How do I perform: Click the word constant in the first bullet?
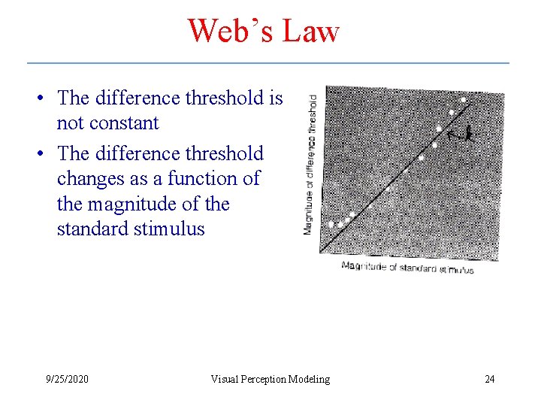click(123, 123)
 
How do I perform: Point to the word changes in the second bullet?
click(86, 179)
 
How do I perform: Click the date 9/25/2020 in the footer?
click(66, 379)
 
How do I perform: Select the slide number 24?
click(489, 379)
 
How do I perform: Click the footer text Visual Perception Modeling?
click(270, 379)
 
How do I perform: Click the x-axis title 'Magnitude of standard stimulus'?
click(407, 267)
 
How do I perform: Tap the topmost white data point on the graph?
click(464, 100)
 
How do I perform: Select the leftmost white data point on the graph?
click(331, 224)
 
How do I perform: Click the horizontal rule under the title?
click(268, 63)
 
